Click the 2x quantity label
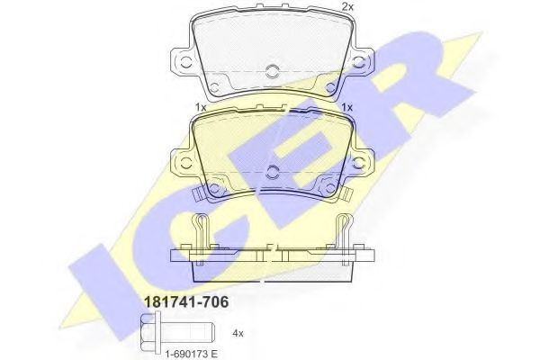coord(347,7)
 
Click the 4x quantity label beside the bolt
coord(238,333)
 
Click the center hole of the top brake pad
coord(273,71)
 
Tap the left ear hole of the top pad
coord(185,65)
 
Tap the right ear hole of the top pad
coord(359,65)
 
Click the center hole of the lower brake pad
coord(273,170)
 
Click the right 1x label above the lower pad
coord(346,107)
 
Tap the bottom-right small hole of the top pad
coord(330,85)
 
